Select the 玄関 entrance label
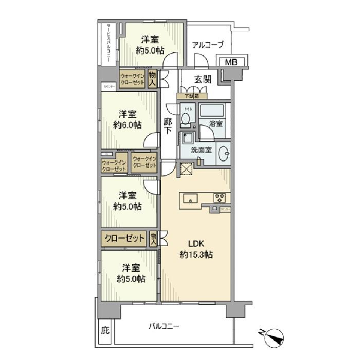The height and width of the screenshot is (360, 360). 202,79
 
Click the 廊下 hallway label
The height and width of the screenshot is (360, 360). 168,126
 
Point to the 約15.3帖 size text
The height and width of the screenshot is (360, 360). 196,255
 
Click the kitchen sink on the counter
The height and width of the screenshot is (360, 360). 191,198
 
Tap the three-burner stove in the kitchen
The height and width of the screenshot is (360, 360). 219,198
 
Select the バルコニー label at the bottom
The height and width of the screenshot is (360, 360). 163,326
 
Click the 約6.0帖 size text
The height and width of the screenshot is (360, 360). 127,125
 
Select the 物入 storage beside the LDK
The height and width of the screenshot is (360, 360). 153,239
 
